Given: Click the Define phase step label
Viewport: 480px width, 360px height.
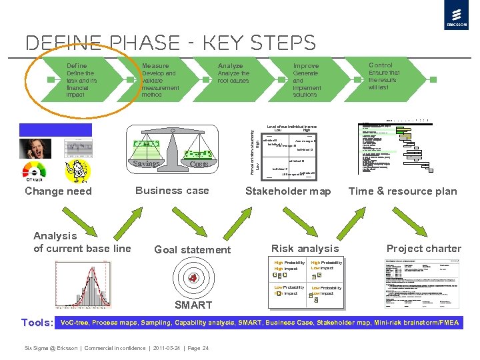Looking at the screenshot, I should (x=77, y=66).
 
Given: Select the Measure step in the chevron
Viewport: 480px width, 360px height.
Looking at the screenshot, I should (x=155, y=66).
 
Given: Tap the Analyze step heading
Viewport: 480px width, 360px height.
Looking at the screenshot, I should (x=230, y=66).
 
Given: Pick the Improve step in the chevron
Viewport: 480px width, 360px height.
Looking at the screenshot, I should (x=306, y=66).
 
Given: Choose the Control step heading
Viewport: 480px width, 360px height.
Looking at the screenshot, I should (x=381, y=65).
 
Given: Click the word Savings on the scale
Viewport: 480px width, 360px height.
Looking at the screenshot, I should (x=145, y=164).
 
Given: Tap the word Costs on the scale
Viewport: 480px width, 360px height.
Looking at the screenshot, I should (x=199, y=164).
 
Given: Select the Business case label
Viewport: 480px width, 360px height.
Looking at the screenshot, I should (x=172, y=191).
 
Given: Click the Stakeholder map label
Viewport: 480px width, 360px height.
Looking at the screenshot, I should (x=288, y=191).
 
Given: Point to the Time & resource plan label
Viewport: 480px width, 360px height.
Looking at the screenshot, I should (x=403, y=191).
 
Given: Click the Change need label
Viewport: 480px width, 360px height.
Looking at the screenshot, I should (x=58, y=191).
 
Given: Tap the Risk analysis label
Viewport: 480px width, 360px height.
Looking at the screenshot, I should (x=305, y=249).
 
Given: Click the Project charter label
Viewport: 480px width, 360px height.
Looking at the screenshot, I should (x=423, y=249).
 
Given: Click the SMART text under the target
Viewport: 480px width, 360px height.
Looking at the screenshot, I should (x=193, y=305).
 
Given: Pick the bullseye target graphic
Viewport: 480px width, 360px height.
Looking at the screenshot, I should (x=193, y=278).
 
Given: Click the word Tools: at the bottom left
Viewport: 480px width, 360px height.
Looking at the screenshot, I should (x=37, y=323).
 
